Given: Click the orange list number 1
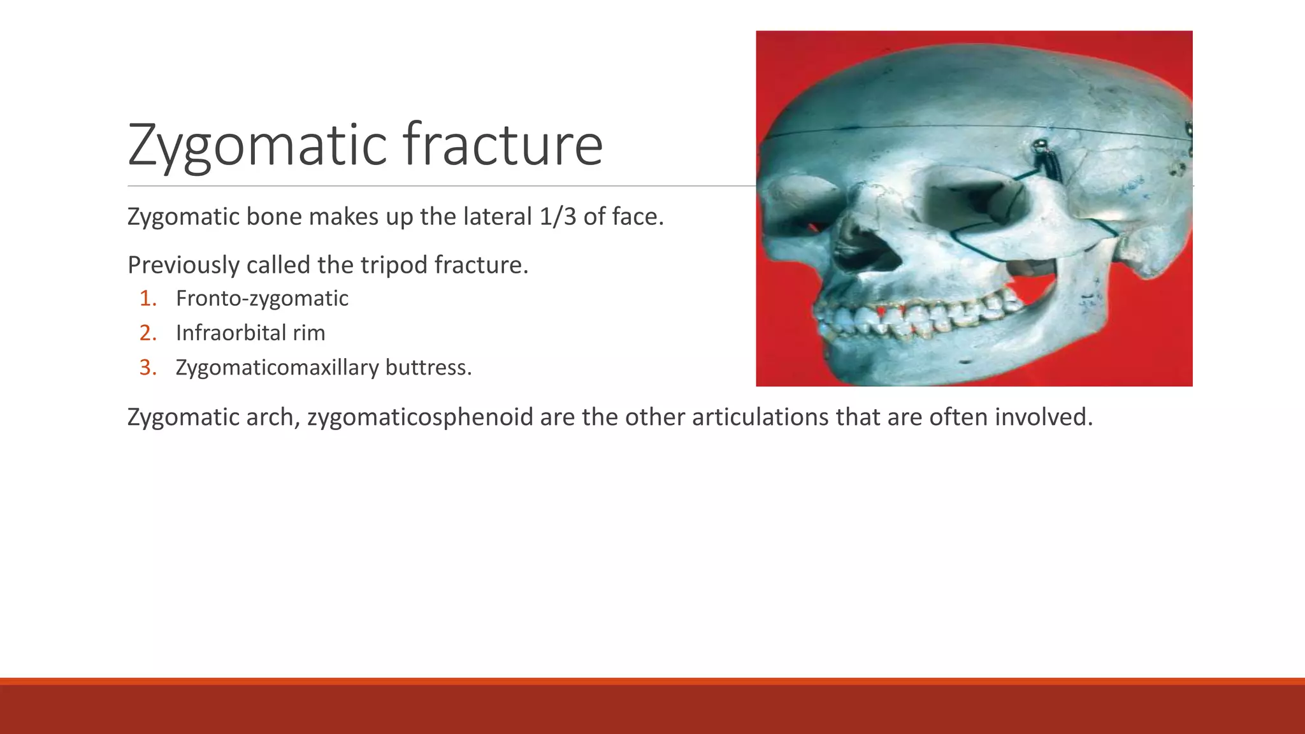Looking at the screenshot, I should coord(148,298).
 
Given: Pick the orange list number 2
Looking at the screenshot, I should coord(148,333).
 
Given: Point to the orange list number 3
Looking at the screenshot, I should coord(148,368).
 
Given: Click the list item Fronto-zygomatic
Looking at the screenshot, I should coord(262,298).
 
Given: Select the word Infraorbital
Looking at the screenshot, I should coord(229,333).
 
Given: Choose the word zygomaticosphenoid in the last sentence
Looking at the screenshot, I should coord(420,417).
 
